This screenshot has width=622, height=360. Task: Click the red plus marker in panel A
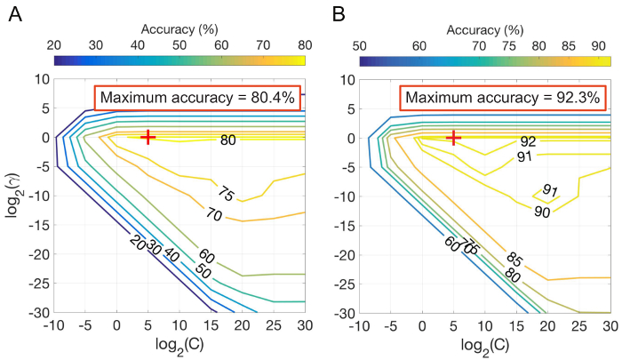click(148, 137)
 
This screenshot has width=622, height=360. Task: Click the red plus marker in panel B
click(454, 138)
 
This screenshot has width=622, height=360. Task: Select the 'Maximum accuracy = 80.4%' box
click(198, 97)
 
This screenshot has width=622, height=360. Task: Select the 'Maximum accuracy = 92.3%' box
click(504, 97)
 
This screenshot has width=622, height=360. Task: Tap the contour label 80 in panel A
click(228, 140)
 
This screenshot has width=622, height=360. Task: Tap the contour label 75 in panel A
click(226, 195)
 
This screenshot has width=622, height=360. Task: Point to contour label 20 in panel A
click(138, 242)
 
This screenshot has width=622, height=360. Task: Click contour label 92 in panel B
click(529, 140)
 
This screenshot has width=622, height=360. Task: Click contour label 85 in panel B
click(514, 260)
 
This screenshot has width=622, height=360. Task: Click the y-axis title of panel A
click(13, 196)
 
